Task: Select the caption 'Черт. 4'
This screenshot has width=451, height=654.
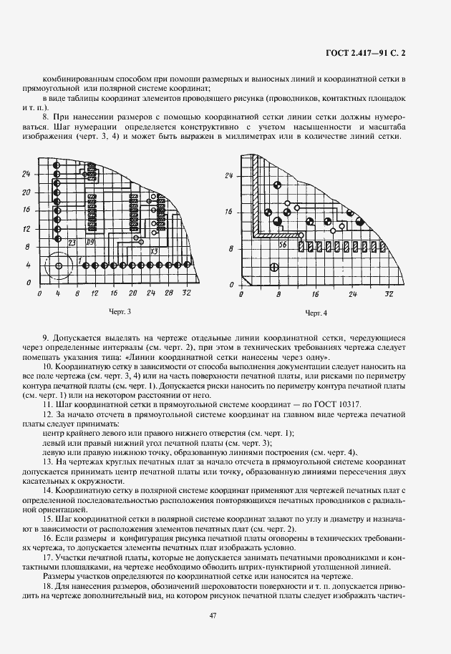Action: tap(316, 313)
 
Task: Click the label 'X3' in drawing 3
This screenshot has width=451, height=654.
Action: tap(154, 252)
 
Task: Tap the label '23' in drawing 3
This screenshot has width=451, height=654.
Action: tap(72, 243)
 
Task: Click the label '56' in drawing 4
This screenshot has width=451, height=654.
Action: tap(283, 245)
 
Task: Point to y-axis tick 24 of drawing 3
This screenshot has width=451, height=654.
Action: tap(26, 174)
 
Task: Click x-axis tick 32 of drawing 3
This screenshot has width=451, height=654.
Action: tap(187, 294)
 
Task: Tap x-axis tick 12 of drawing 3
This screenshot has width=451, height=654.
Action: tap(94, 294)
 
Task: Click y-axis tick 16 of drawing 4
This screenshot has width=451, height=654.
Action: tap(229, 213)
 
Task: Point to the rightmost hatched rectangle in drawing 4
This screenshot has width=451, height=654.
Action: tap(353, 245)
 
